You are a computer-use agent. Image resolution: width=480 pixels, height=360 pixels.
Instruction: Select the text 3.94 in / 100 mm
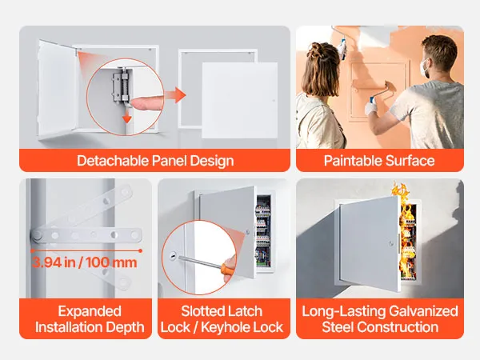[85, 262]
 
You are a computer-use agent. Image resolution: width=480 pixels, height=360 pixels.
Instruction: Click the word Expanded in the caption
[90, 311]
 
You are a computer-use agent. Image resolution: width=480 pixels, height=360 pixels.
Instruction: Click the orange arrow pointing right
[175, 95]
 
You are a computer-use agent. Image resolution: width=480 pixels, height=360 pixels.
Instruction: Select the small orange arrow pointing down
[126, 118]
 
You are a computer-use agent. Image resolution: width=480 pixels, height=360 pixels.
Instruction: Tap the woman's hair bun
[317, 50]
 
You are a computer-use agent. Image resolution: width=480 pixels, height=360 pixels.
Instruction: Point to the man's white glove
[370, 108]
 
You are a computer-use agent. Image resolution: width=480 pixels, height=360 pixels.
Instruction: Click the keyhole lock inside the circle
[173, 255]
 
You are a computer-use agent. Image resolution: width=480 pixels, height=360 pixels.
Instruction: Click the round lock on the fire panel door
[391, 244]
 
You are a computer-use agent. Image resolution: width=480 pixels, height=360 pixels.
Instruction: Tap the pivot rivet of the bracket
[38, 235]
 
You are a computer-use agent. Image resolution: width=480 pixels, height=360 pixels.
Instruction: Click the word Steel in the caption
[338, 327]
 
